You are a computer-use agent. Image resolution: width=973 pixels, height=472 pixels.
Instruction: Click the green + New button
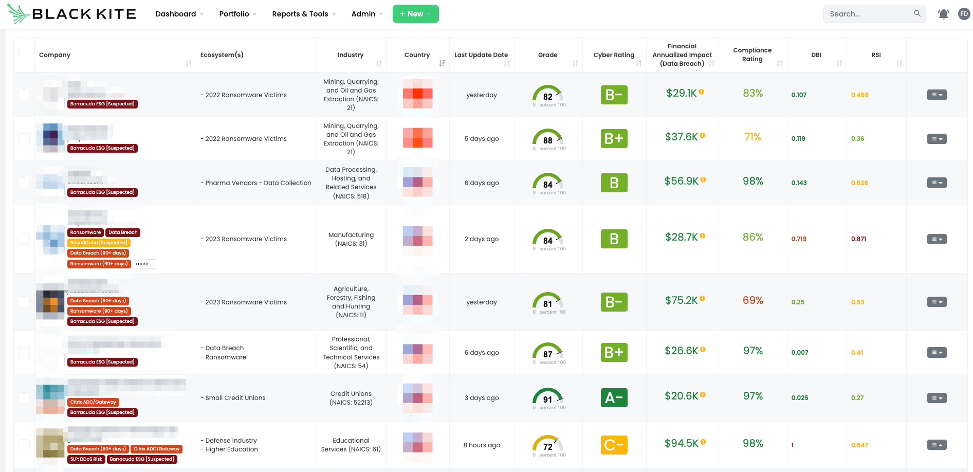click(415, 14)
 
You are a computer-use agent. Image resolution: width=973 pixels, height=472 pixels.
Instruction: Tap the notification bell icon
click(943, 14)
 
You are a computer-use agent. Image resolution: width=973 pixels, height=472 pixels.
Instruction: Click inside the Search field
click(869, 14)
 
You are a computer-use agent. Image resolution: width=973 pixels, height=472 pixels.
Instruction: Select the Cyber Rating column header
click(614, 55)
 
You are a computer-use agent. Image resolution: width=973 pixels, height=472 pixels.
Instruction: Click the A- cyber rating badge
click(614, 397)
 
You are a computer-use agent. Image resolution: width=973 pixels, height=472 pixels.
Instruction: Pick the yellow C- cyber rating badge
click(614, 445)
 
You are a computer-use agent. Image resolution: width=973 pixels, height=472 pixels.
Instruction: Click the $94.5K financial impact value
click(681, 443)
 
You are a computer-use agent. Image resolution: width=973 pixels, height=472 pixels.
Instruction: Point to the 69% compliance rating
click(752, 300)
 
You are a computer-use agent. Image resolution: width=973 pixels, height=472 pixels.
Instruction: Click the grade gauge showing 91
click(547, 397)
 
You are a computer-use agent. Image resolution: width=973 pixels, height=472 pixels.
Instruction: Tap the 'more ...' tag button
click(144, 264)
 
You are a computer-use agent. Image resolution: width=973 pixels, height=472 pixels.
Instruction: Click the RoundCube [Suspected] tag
click(99, 243)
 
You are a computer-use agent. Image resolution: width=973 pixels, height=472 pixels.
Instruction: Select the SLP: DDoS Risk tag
click(86, 459)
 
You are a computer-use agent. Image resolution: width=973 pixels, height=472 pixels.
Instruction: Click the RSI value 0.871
click(858, 239)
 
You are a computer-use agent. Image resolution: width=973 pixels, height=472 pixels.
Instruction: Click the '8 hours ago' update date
click(481, 445)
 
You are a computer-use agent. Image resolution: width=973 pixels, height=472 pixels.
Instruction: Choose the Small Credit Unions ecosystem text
click(235, 398)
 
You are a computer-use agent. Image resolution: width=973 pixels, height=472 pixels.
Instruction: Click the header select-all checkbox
click(24, 55)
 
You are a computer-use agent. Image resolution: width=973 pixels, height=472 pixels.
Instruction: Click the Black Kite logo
click(72, 14)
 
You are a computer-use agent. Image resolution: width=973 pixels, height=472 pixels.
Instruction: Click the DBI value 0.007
click(799, 353)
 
